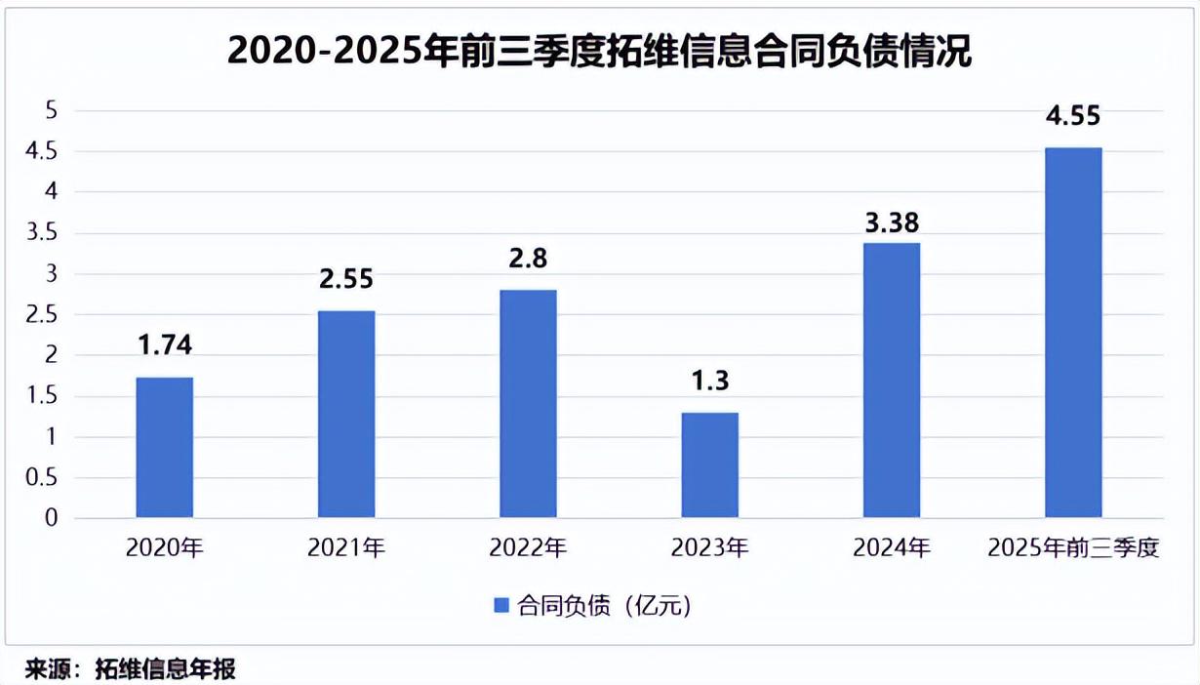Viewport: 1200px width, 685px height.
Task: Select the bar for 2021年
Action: [x=346, y=414]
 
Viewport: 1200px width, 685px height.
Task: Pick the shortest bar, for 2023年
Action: [x=709, y=464]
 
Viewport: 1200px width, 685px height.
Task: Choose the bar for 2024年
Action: [x=892, y=380]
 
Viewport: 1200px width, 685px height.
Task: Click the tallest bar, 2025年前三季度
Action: [x=1073, y=332]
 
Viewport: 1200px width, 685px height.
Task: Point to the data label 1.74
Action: [x=164, y=343]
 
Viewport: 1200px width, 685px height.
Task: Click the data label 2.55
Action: [x=346, y=278]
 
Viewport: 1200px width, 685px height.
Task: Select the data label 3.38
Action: [x=892, y=223]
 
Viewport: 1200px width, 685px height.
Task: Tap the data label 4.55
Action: [x=1073, y=116]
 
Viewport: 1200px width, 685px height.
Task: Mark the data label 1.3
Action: [x=709, y=380]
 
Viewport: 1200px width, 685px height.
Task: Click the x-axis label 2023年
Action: [x=709, y=548]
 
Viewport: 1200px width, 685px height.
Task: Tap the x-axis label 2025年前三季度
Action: [x=1073, y=548]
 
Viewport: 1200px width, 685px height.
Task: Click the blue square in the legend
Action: [x=501, y=606]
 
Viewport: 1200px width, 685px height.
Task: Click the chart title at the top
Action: [x=599, y=51]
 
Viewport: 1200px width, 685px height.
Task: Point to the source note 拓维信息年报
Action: [x=165, y=669]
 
